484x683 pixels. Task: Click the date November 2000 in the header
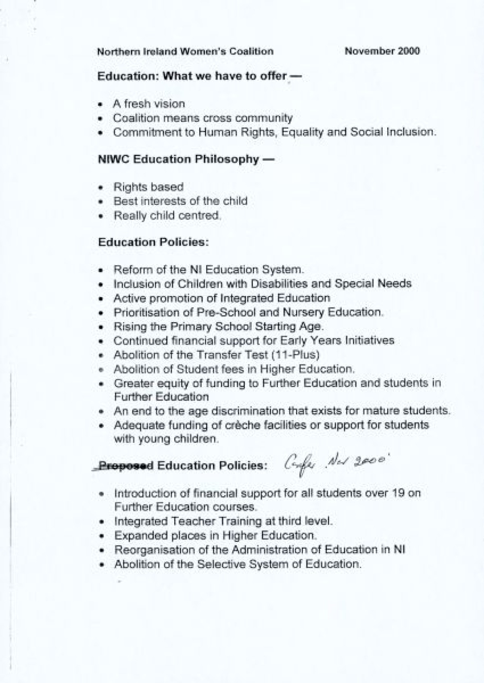click(382, 51)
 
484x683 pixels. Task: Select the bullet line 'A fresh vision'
click(149, 104)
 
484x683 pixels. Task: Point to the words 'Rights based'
click(148, 187)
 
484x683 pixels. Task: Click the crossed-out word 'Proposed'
click(126, 466)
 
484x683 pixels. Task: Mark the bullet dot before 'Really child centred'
click(102, 216)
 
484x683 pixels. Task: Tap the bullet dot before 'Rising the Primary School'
click(102, 327)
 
